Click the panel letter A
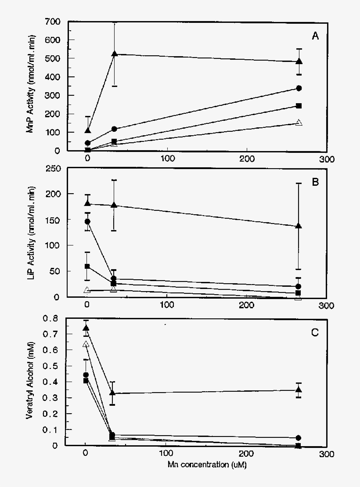pyautogui.click(x=315, y=36)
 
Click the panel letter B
pyautogui.click(x=315, y=182)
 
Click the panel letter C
pyautogui.click(x=315, y=332)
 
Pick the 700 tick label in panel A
pyautogui.click(x=52, y=22)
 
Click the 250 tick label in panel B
pyautogui.click(x=52, y=169)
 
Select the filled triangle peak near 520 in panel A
pyautogui.click(x=114, y=54)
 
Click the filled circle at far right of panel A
pyautogui.click(x=299, y=88)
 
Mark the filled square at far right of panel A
pyautogui.click(x=299, y=106)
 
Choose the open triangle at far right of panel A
pyautogui.click(x=299, y=123)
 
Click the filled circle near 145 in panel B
pyautogui.click(x=87, y=221)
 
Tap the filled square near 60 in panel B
pyautogui.click(x=87, y=267)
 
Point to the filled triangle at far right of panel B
pyautogui.click(x=299, y=226)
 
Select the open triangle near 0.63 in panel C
pyautogui.click(x=86, y=344)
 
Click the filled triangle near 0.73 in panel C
pyautogui.click(x=86, y=328)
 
